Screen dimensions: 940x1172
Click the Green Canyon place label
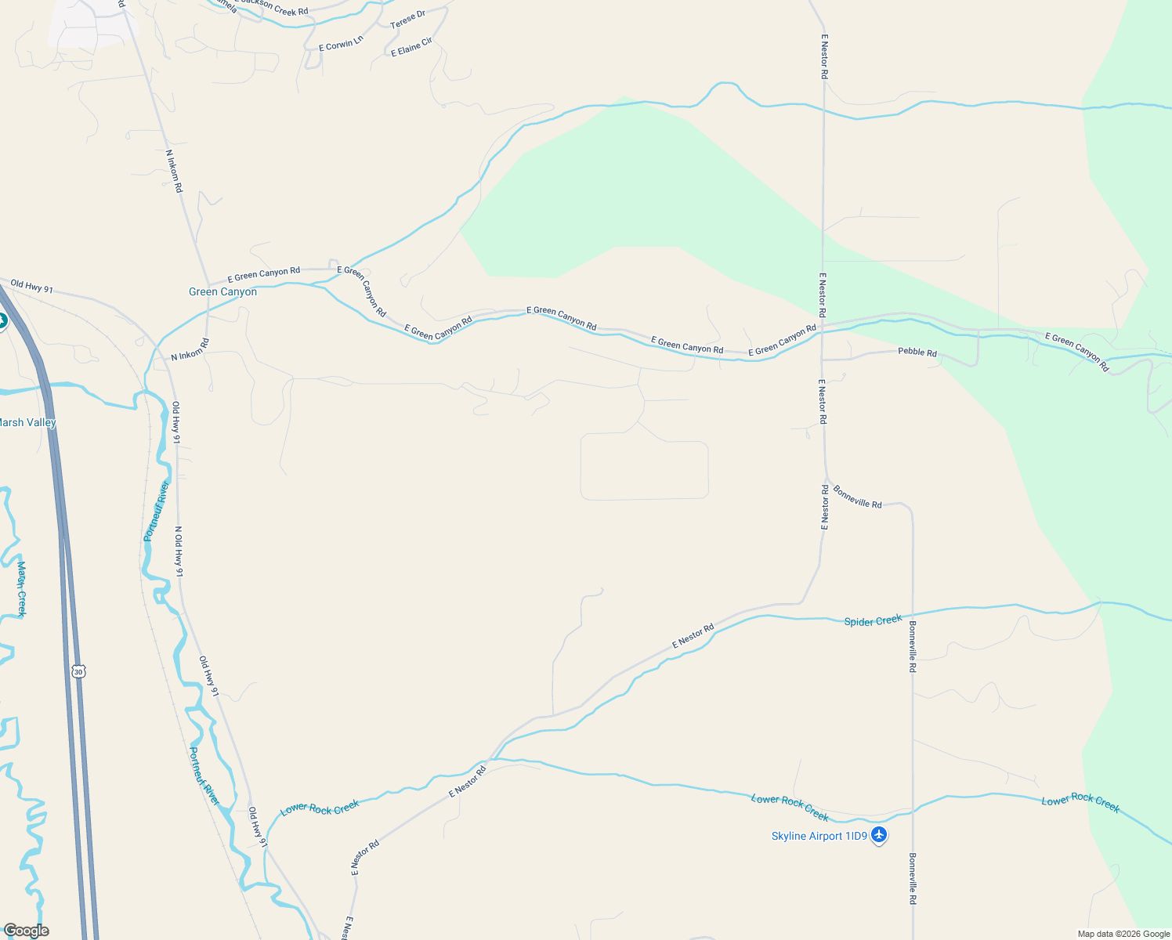(222, 292)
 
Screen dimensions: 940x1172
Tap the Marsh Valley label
(27, 423)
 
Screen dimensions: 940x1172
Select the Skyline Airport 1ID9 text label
(819, 837)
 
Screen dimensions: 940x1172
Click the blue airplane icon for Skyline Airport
(879, 836)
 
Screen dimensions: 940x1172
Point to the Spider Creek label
(873, 621)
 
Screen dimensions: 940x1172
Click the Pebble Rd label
(917, 352)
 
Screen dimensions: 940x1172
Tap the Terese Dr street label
(407, 20)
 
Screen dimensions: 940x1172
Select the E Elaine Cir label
(411, 47)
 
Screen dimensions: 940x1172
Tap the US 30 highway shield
(78, 671)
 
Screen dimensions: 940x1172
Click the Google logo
(26, 931)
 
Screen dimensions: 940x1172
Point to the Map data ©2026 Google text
(1123, 934)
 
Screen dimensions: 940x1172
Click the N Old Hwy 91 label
(179, 551)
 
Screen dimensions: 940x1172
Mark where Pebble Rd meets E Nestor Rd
(823, 360)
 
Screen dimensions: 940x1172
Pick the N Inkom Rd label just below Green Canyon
(190, 350)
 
